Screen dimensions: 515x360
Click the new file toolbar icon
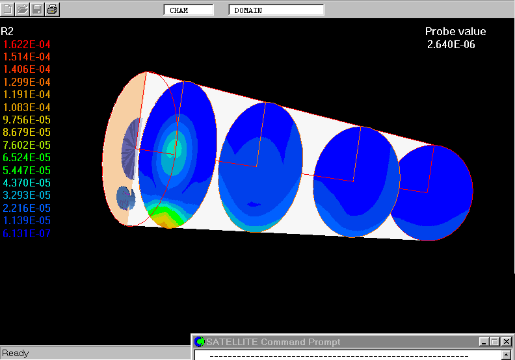[8, 9]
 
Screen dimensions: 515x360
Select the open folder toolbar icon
[22, 9]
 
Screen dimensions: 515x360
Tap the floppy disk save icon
[37, 9]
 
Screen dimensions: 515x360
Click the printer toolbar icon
[52, 9]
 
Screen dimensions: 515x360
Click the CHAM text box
[189, 10]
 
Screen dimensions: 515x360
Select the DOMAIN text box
[276, 10]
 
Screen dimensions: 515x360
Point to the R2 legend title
[7, 31]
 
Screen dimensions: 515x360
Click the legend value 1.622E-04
[27, 44]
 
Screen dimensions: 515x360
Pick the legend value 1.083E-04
[27, 107]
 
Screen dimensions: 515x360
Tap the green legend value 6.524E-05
[27, 157]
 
